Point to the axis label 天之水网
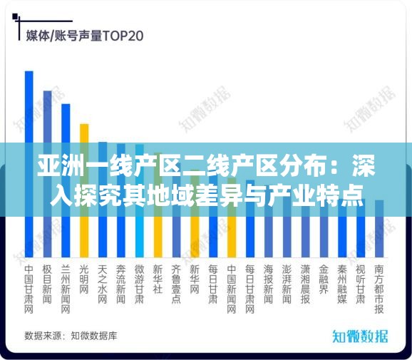[x=103, y=284]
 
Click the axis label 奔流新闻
[x=121, y=284]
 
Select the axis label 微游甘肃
[x=140, y=284]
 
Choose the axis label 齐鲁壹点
[x=176, y=284]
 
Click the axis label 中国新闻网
[x=232, y=289]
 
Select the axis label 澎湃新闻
[x=287, y=284]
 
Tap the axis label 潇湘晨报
[x=305, y=284]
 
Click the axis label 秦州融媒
[x=342, y=284]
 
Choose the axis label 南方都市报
[x=379, y=289]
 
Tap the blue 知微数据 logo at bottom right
[x=360, y=336]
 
